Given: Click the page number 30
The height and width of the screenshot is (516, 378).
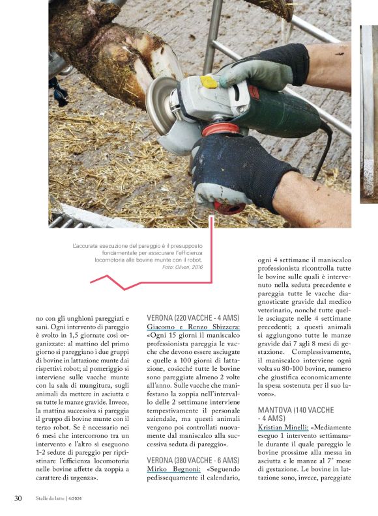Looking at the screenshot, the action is point(19,498).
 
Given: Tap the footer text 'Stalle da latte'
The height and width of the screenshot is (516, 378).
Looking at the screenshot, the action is point(49,499).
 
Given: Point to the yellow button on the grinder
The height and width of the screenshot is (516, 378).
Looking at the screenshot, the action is point(209,82).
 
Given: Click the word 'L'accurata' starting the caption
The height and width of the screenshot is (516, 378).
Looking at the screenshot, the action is point(88,245).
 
